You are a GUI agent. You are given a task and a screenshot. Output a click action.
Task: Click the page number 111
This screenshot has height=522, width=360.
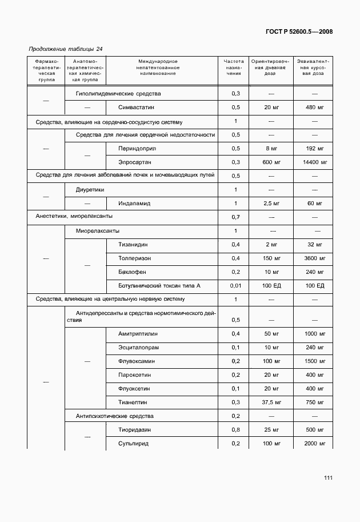point(327,478)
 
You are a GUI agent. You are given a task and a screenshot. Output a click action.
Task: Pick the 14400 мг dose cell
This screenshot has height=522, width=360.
point(314,162)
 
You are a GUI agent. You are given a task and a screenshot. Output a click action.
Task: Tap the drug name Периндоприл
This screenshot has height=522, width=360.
point(137,148)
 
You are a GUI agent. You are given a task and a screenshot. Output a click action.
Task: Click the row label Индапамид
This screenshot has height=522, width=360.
point(134,203)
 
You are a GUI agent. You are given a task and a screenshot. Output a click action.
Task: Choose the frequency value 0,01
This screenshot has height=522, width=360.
point(235,285)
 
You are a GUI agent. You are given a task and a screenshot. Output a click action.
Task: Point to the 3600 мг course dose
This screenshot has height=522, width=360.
point(314,258)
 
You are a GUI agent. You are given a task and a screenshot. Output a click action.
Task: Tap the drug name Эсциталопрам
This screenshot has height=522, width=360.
point(139,347)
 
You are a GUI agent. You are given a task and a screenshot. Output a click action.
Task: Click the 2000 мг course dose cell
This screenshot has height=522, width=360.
point(314,443)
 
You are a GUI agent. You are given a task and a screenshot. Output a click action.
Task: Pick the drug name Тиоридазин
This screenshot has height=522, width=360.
point(137,429)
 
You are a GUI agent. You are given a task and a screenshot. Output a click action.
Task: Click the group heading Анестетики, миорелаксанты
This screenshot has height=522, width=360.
point(74,217)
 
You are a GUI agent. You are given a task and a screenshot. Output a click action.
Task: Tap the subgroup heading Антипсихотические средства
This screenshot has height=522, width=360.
point(114,416)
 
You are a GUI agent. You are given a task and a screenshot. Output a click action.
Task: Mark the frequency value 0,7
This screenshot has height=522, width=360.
point(235,217)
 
